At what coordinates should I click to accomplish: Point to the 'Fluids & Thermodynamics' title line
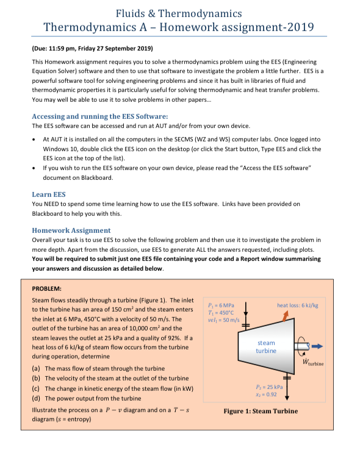click(x=179, y=12)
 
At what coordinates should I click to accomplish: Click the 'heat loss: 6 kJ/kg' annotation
click(x=298, y=305)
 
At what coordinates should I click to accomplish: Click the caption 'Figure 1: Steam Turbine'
click(x=261, y=410)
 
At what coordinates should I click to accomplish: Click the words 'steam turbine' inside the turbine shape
click(x=265, y=347)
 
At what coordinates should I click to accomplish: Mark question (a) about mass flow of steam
click(x=98, y=368)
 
